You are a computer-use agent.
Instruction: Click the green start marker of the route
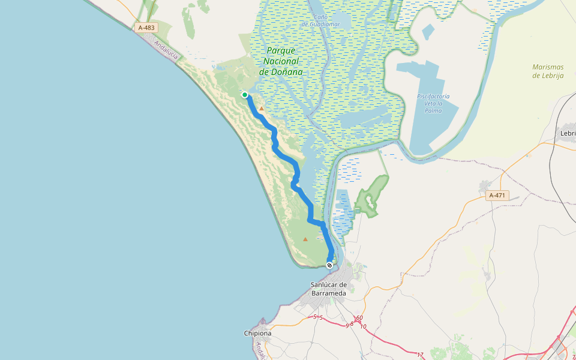[x=245, y=95]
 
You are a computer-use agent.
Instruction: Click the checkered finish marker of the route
[x=329, y=265]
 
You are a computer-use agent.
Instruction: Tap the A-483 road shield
[x=146, y=28]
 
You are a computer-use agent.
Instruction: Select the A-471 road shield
[x=497, y=196]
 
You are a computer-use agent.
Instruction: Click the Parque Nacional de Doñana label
[x=281, y=61]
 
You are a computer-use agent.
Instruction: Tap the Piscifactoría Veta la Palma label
[x=433, y=103]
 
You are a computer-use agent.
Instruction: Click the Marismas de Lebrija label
[x=552, y=71]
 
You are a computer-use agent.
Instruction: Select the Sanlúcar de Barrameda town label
[x=329, y=289]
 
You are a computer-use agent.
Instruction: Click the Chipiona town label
[x=258, y=333]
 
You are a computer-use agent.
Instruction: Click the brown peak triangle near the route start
[x=261, y=109]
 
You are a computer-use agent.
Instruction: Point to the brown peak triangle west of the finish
[x=305, y=239]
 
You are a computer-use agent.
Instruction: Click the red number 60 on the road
[x=359, y=318]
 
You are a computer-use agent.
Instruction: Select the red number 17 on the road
[x=420, y=355]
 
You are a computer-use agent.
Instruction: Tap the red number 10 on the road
[x=364, y=326]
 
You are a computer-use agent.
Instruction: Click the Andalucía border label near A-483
[x=166, y=49]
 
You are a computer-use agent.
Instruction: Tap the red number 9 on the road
[x=347, y=325]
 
